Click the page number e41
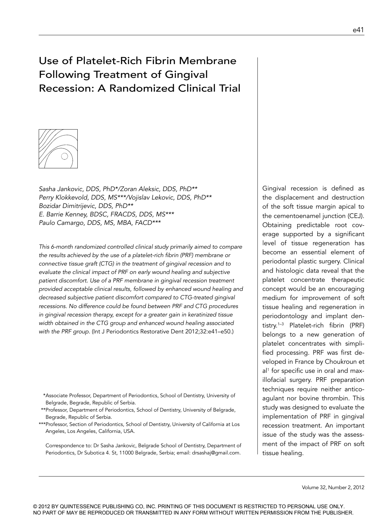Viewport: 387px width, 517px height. click(358, 30)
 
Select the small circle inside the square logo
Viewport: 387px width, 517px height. click(64, 156)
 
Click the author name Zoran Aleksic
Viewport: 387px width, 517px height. click(140, 189)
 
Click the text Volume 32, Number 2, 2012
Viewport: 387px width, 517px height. click(333, 487)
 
